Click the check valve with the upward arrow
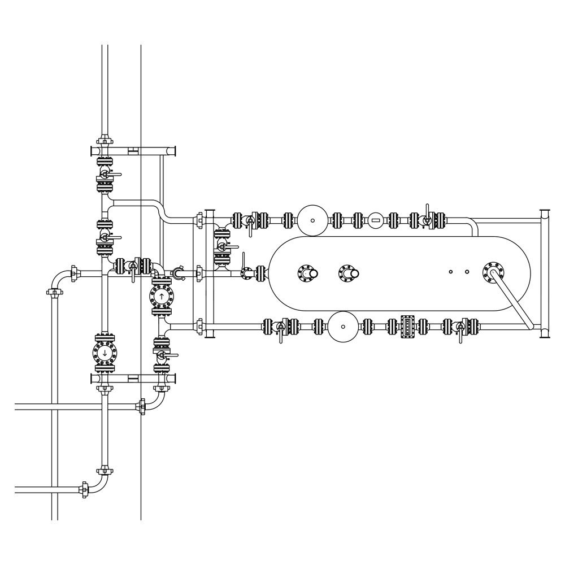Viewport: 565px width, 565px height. pos(161,296)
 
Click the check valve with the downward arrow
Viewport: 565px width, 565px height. pos(105,353)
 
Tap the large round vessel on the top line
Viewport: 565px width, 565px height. pos(313,219)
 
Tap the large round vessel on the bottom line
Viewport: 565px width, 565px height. pos(343,326)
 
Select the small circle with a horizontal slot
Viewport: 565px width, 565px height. pos(375,219)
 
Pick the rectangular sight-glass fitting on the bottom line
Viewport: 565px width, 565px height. pos(407,326)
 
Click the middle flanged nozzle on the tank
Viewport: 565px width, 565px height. pos(347,274)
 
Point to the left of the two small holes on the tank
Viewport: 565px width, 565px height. pos(451,272)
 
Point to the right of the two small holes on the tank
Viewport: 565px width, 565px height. pos(467,272)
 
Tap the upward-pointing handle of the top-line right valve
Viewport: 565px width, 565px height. pos(428,208)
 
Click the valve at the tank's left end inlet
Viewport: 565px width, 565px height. pos(247,273)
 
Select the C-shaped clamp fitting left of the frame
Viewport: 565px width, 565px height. pos(178,274)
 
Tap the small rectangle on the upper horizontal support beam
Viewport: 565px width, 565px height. pos(133,150)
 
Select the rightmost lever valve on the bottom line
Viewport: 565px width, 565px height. pos(460,326)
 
